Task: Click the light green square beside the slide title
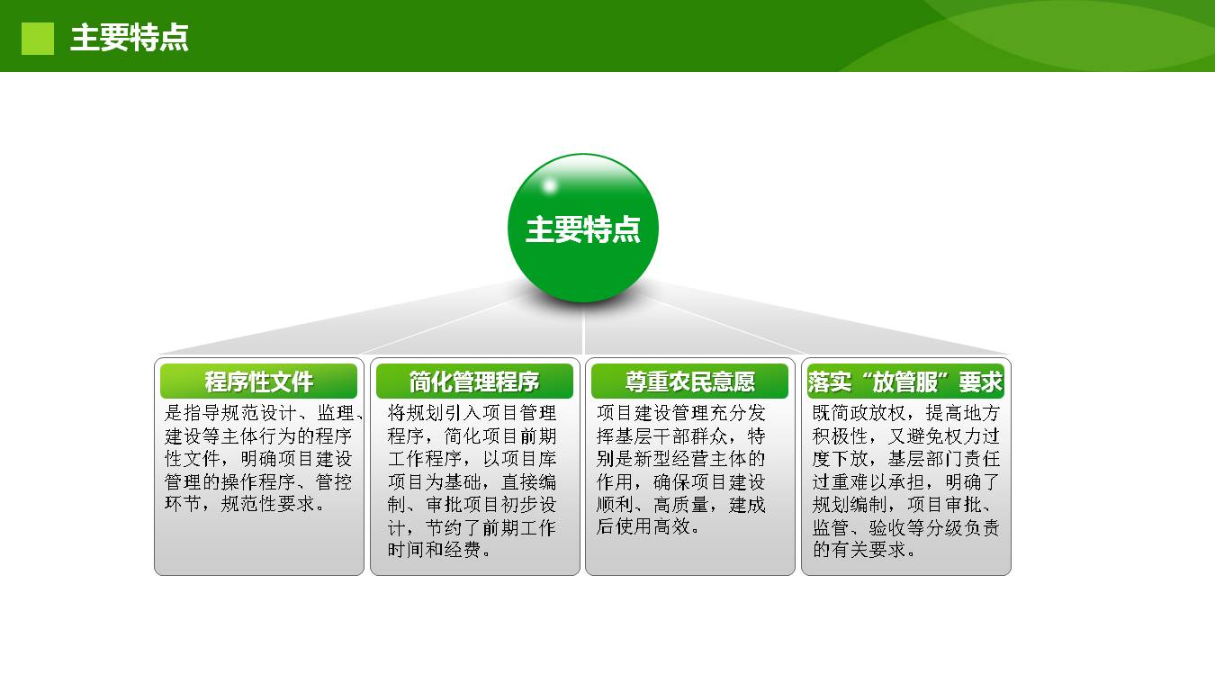38,39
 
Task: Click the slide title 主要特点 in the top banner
129,38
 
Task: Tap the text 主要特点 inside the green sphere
583,229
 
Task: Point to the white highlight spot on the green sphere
550,186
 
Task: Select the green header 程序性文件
258,382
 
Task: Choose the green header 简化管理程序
474,382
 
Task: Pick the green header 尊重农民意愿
689,382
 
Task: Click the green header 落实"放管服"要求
905,382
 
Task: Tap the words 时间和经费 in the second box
434,550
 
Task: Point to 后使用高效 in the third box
643,526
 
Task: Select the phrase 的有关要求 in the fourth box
859,550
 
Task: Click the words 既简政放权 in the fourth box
859,413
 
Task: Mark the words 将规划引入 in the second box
434,413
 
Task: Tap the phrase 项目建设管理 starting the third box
652,413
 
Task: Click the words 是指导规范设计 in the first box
230,413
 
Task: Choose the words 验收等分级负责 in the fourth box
934,527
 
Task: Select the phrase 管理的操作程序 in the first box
230,481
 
